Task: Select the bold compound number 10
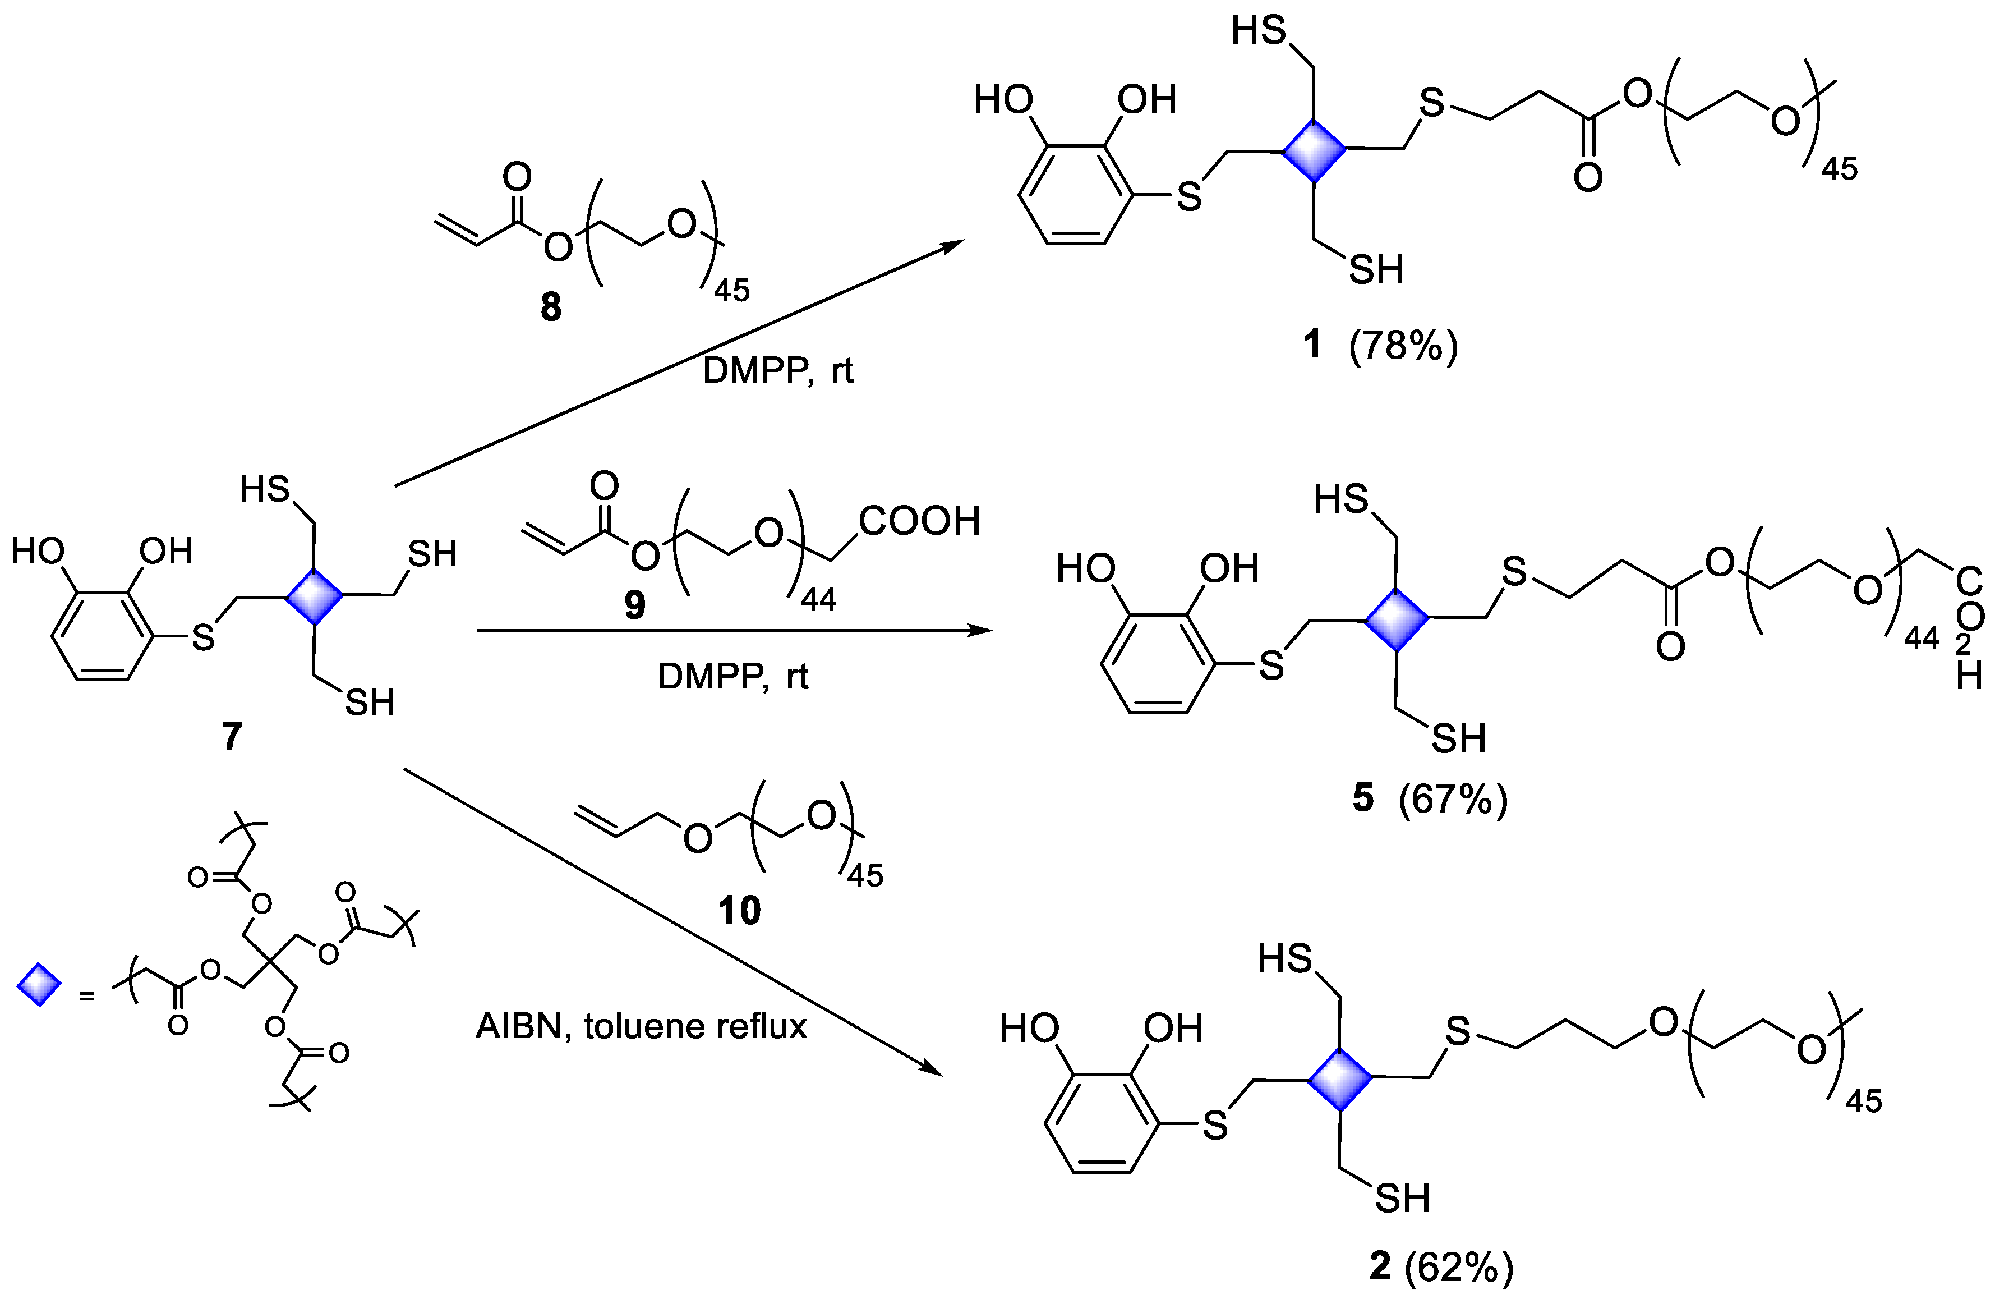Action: point(739,911)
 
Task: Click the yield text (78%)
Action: point(1403,345)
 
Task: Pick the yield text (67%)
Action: point(1453,799)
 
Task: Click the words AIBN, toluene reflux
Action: point(641,1026)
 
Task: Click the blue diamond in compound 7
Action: point(314,596)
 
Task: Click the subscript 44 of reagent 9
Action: point(818,600)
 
